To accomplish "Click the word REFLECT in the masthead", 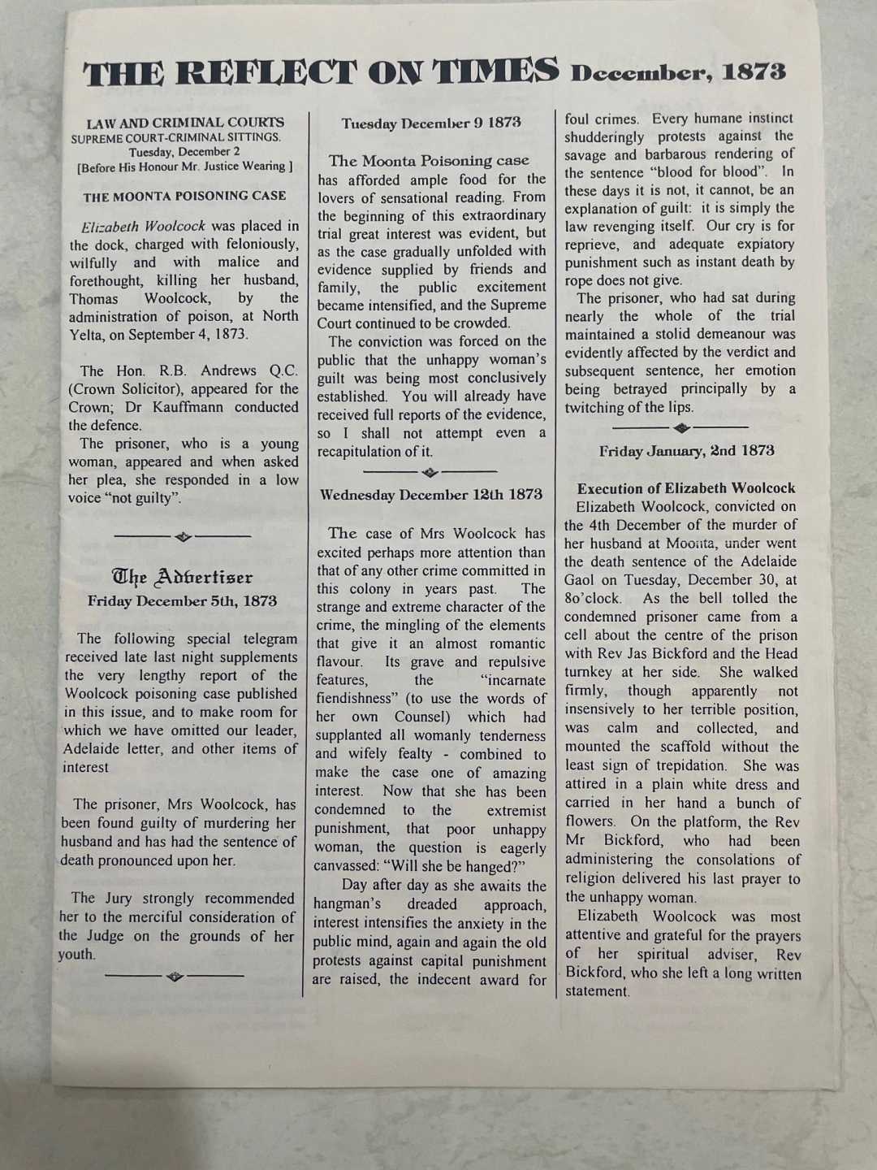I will pyautogui.click(x=266, y=73).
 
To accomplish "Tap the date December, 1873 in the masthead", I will pyautogui.click(x=678, y=72).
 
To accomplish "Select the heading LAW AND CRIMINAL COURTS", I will pyautogui.click(x=185, y=123).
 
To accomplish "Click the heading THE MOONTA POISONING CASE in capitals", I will pyautogui.click(x=184, y=196).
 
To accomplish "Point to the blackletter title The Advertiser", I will pyautogui.click(x=183, y=578).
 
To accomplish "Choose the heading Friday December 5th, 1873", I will pyautogui.click(x=183, y=601).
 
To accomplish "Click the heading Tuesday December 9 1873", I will pyautogui.click(x=431, y=123).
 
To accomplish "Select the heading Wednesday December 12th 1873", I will pyautogui.click(x=431, y=495).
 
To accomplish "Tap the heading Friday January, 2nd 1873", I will pyautogui.click(x=686, y=451).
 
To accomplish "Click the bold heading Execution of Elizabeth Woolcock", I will pyautogui.click(x=686, y=488).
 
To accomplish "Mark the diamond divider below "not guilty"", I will pyautogui.click(x=183, y=536).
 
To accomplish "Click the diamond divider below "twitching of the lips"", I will pyautogui.click(x=680, y=427).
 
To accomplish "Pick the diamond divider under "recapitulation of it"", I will pyautogui.click(x=430, y=472).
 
